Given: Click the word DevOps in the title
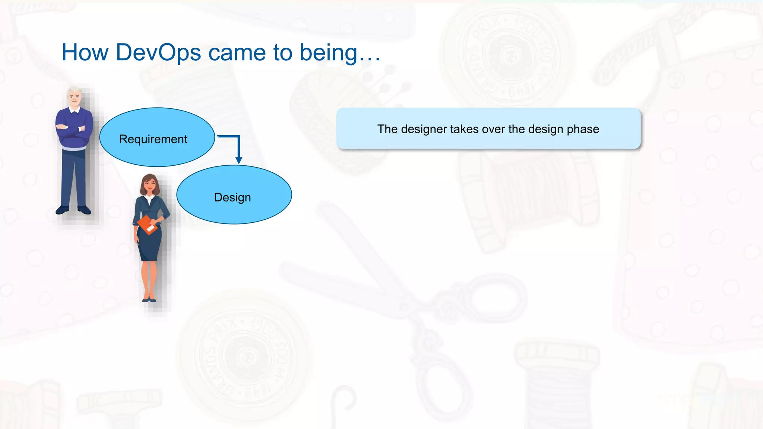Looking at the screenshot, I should click(158, 52).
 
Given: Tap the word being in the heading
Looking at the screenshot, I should click(328, 53).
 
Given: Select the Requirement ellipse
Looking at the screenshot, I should click(157, 137).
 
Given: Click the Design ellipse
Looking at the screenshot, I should click(234, 195).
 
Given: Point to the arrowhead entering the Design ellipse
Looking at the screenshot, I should click(239, 160).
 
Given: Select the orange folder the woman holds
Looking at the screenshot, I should click(147, 225).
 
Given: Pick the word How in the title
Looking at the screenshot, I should click(85, 52).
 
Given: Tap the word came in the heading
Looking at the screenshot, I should click(237, 52).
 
